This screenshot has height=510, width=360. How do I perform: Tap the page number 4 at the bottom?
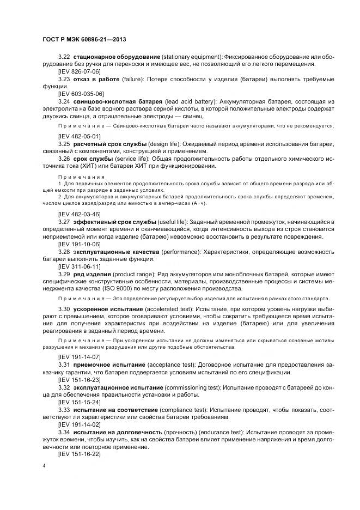tap(44, 466)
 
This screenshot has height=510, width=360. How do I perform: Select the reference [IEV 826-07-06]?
tap(79, 71)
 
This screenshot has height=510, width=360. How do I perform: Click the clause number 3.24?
tap(64, 101)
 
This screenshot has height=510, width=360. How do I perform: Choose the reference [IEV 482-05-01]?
tap(79, 135)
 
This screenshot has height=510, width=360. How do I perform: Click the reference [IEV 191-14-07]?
tap(79, 356)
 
